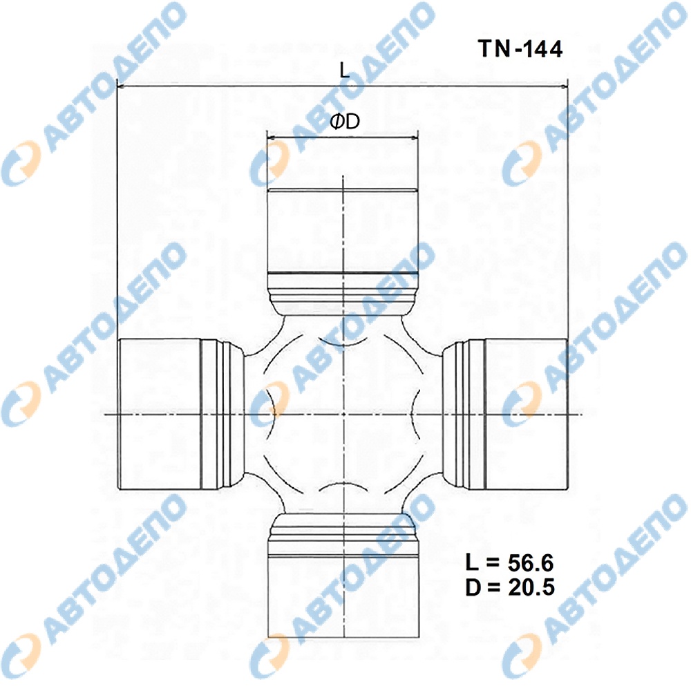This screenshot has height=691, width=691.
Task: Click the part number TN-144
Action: [x=520, y=48]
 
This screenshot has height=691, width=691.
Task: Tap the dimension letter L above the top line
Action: [x=345, y=70]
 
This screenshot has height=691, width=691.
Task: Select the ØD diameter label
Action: [x=345, y=121]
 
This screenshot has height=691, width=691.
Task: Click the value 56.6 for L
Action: [x=531, y=562]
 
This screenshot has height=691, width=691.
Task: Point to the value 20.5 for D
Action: [x=531, y=587]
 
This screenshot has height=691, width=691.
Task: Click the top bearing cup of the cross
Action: [x=343, y=231]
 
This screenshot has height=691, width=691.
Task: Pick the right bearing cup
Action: [x=525, y=414]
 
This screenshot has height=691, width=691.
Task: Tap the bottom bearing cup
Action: [x=343, y=595]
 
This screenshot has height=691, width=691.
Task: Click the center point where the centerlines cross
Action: [x=343, y=414]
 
